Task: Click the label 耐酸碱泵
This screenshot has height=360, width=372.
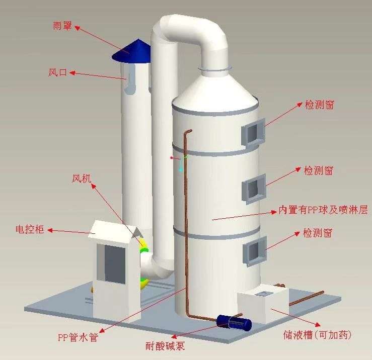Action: [163, 346]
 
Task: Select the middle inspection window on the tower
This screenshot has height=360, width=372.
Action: [255, 189]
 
